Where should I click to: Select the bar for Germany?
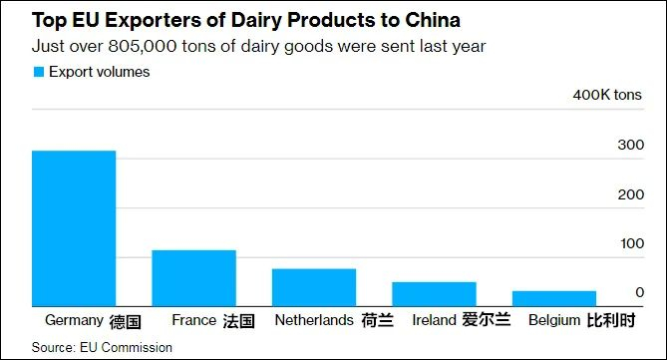(74, 228)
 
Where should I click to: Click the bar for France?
(193, 278)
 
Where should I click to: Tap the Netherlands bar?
(314, 287)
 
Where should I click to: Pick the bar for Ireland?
(434, 294)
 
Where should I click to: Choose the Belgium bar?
(553, 298)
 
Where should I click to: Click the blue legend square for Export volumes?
(39, 72)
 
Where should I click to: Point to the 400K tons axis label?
(608, 96)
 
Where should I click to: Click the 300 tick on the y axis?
(631, 146)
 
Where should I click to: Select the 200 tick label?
(631, 194)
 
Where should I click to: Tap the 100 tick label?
(631, 243)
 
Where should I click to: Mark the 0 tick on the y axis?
(639, 292)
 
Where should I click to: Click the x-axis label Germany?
(75, 321)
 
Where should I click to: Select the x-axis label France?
(193, 321)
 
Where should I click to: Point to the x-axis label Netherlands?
(314, 321)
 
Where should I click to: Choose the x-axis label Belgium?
(552, 321)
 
